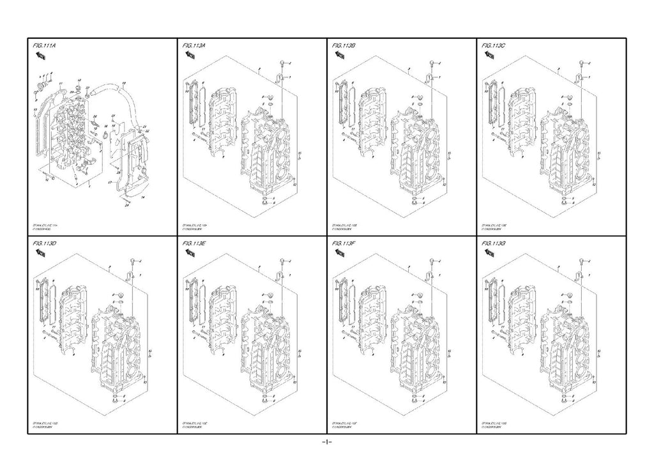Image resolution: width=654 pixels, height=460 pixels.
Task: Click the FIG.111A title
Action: (x=44, y=46)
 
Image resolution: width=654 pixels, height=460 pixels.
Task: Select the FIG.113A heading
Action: (x=194, y=46)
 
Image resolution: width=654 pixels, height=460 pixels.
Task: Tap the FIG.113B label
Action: (x=345, y=46)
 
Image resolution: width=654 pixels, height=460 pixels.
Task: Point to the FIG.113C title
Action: (x=494, y=46)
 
